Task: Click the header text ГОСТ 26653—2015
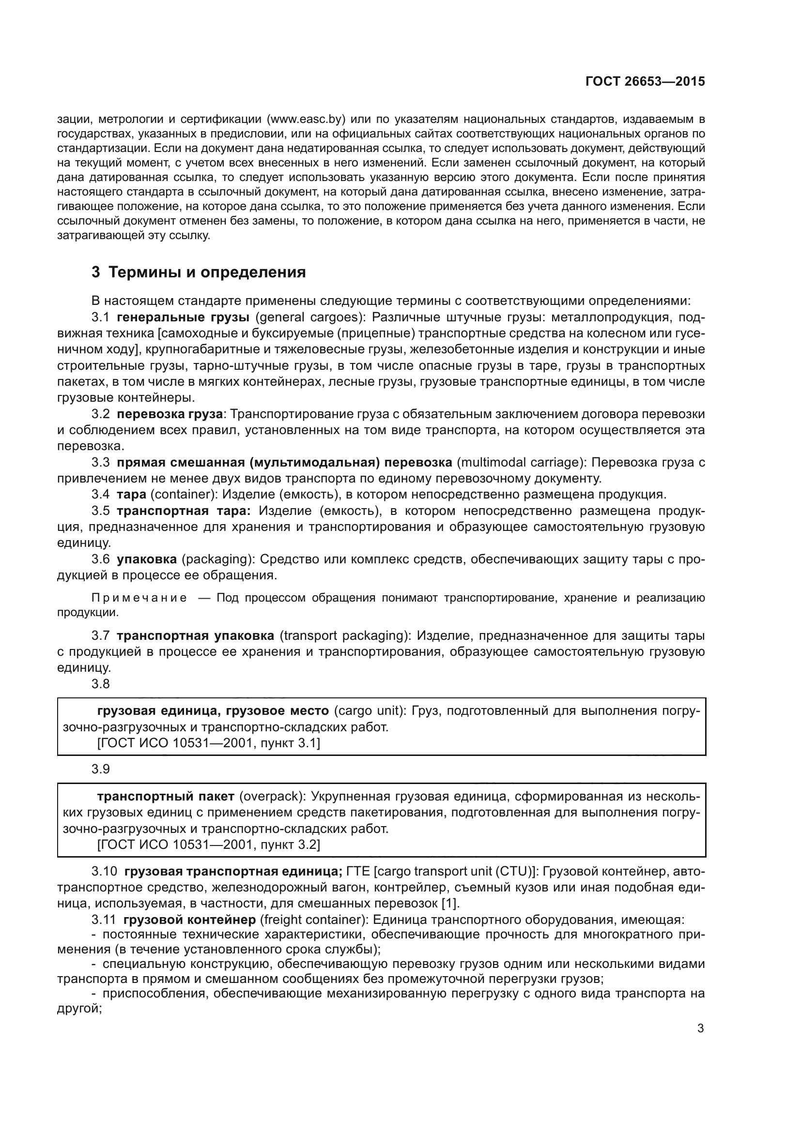point(645,82)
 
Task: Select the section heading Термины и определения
point(207,272)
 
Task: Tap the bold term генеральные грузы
point(183,317)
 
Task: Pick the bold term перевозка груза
point(169,414)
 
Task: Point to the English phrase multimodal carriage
point(520,463)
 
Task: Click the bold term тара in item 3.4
point(132,495)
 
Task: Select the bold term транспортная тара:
point(184,511)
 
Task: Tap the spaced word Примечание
point(139,598)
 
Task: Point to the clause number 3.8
point(101,684)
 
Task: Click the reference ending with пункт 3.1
point(209,743)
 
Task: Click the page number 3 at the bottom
point(700,1028)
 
